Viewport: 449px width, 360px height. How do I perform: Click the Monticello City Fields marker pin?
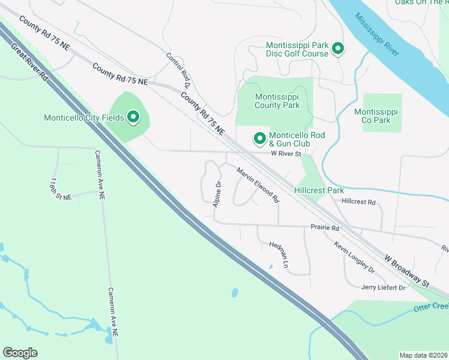click(132, 117)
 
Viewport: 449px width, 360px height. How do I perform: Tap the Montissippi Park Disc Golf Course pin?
click(338, 49)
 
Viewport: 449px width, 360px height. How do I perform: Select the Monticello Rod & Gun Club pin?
click(260, 139)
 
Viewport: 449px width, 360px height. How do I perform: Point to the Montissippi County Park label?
click(277, 101)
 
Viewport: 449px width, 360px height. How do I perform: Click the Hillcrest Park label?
click(319, 190)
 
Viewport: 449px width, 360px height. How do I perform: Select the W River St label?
click(285, 154)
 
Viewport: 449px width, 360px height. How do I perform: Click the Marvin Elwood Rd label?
click(258, 184)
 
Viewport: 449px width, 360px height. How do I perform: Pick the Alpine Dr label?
click(217, 194)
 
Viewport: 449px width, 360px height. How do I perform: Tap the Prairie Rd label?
click(325, 228)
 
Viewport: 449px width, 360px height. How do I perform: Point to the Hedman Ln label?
click(279, 255)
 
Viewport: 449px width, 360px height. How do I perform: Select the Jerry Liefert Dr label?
click(383, 287)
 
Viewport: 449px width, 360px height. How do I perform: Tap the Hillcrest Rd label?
click(358, 202)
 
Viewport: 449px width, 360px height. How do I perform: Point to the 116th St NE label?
click(61, 189)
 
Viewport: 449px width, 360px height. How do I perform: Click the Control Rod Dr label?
click(178, 70)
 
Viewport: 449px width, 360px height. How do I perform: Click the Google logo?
click(20, 353)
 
